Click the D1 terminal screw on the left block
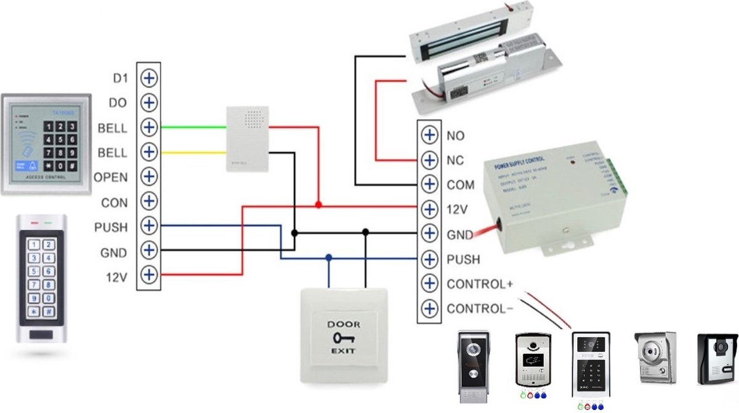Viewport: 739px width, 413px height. pos(149,78)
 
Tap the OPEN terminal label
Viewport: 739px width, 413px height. pos(111,178)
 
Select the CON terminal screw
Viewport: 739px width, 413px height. pos(149,202)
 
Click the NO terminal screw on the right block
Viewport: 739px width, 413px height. pos(428,135)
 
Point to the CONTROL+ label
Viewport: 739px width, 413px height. pos(480,284)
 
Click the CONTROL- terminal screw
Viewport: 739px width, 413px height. pos(428,308)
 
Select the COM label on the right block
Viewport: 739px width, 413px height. pos(461,185)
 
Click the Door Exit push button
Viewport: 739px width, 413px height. pos(343,335)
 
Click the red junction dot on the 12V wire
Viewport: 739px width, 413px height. pos(318,204)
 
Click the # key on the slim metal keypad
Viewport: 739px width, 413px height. pos(49,313)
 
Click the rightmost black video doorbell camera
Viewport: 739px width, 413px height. pos(717,358)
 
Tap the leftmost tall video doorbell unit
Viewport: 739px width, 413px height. pos(474,365)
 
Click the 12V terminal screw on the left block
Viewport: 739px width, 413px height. pos(149,275)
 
